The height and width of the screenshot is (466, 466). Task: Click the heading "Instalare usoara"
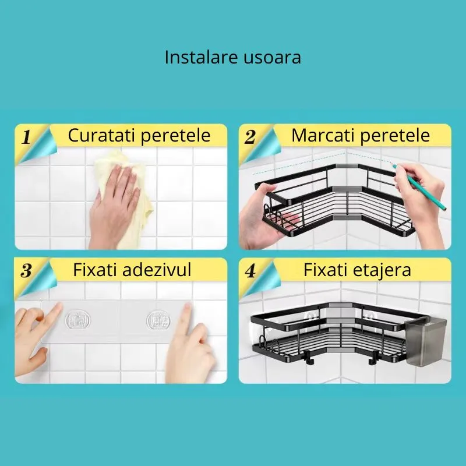pos(232,58)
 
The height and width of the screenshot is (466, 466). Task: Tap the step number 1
pos(26,138)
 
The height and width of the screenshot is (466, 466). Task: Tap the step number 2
pos(250,138)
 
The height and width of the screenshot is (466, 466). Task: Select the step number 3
pos(26,271)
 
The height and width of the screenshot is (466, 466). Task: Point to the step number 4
pos(250,271)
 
